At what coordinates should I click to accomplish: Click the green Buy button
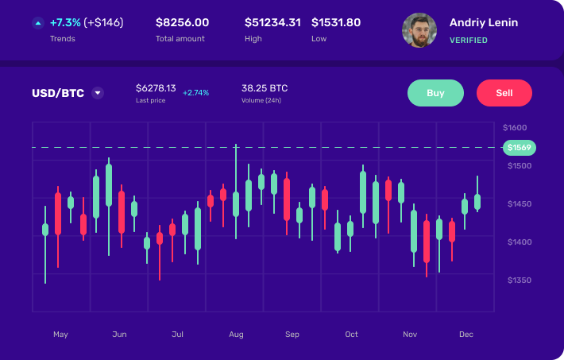(435, 93)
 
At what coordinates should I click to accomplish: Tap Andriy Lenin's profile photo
(419, 30)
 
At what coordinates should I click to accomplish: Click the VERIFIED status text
(469, 40)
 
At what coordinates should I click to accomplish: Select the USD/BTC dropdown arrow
(98, 93)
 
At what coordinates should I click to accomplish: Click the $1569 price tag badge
(520, 147)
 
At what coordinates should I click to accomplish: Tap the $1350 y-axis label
(520, 281)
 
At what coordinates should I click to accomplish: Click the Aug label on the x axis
(236, 335)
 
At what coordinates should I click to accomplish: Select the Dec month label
(466, 335)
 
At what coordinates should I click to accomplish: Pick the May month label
(60, 335)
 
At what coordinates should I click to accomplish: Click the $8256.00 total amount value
(182, 22)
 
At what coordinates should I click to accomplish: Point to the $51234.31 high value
(272, 22)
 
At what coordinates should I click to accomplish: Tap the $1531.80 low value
(336, 22)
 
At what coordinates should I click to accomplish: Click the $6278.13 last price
(156, 88)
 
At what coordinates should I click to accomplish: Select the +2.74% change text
(195, 93)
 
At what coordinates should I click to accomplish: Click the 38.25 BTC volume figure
(265, 88)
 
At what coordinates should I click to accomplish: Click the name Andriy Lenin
(484, 22)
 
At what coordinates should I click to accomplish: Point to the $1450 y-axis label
(520, 204)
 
